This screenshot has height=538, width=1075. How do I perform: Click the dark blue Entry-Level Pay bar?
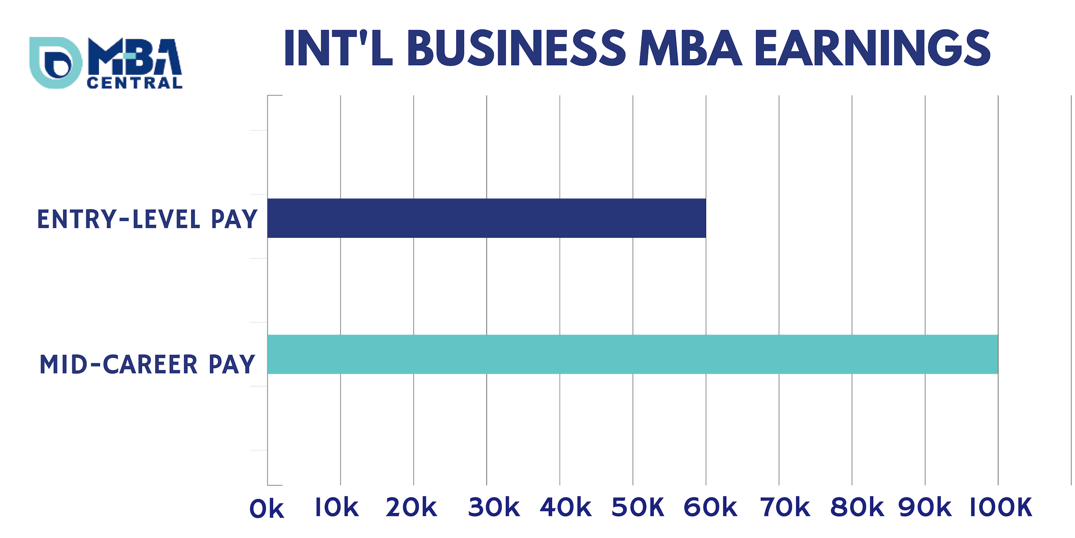(486, 218)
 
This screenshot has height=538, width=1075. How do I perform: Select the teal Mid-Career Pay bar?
(632, 354)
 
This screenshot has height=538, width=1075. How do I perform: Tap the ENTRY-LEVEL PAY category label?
(147, 219)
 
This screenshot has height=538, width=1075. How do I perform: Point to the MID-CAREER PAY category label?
(147, 364)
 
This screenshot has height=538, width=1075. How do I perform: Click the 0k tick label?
(267, 509)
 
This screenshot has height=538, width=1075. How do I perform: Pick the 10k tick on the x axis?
(337, 508)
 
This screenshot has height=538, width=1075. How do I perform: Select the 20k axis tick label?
(411, 508)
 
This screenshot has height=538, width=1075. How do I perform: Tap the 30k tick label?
(494, 508)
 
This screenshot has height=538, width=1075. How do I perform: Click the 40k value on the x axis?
(565, 508)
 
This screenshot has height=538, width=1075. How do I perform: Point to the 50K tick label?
(638, 508)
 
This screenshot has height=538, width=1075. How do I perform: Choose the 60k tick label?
(710, 508)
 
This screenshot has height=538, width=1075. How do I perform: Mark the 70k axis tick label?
(785, 508)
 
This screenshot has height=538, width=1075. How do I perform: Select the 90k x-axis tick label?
(924, 508)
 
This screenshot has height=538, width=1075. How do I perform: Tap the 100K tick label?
(1001, 508)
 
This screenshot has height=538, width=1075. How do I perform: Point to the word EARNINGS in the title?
(873, 48)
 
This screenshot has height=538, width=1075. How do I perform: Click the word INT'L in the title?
(339, 48)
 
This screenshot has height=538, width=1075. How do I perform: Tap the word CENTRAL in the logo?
(135, 83)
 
